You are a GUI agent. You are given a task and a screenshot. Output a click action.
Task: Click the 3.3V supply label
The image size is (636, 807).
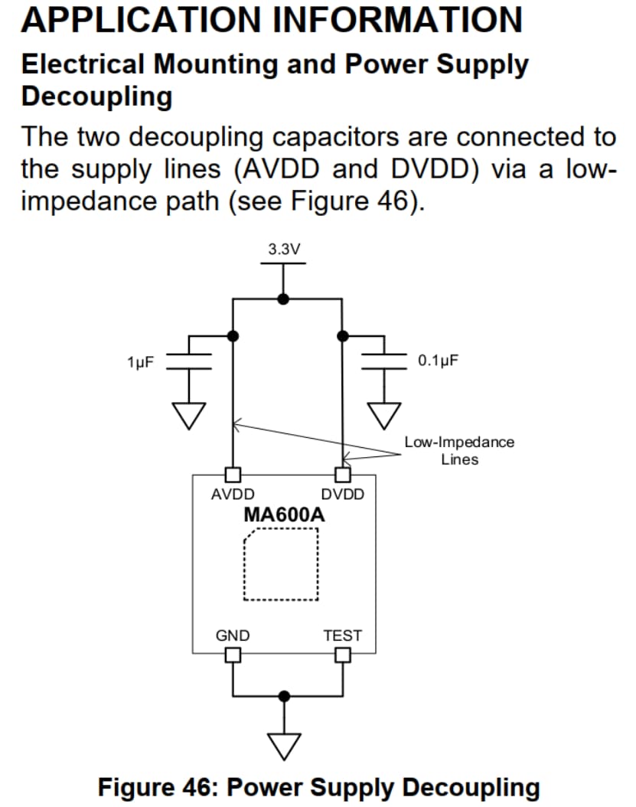click(x=283, y=249)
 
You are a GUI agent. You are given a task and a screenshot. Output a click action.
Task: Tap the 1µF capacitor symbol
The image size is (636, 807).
click(x=189, y=361)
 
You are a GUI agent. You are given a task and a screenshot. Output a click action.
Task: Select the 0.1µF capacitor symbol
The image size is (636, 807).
click(x=384, y=361)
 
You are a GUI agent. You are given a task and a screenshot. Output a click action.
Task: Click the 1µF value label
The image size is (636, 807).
click(x=141, y=362)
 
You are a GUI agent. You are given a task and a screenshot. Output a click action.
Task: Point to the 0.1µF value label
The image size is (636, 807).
click(x=438, y=361)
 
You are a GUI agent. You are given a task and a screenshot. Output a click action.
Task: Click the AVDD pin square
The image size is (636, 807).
click(x=233, y=475)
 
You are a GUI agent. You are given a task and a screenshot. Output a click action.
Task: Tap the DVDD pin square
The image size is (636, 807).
click(x=343, y=475)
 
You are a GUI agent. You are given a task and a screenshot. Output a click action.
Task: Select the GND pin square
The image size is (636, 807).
click(x=233, y=655)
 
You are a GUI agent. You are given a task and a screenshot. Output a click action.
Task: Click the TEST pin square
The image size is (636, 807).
click(x=343, y=655)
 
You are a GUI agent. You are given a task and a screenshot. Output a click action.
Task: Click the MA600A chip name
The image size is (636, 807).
click(x=284, y=515)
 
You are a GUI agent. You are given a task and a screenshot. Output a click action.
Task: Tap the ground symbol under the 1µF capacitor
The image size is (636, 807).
click(x=189, y=416)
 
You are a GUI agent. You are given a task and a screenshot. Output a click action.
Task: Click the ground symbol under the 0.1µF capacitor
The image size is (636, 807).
click(x=384, y=416)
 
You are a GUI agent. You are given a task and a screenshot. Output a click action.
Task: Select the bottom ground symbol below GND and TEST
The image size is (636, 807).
click(x=284, y=747)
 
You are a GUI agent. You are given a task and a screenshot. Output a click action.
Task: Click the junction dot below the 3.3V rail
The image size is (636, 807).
click(x=283, y=299)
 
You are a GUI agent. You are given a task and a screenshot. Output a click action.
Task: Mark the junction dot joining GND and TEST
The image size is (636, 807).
click(x=284, y=696)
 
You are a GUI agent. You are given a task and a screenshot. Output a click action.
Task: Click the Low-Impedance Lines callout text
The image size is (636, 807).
click(x=459, y=450)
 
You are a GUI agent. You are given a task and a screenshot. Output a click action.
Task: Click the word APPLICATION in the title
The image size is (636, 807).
click(x=142, y=20)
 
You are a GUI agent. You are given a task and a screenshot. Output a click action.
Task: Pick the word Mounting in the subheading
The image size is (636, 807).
click(x=216, y=65)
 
